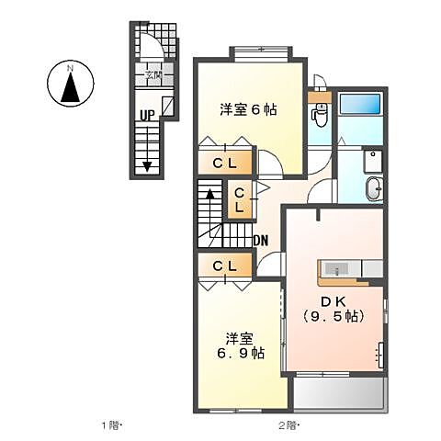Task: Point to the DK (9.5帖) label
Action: (x=334, y=309)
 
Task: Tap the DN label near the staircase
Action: (x=261, y=242)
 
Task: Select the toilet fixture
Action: (x=320, y=114)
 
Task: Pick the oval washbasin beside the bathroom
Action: (x=374, y=188)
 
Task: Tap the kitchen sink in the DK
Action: (x=337, y=268)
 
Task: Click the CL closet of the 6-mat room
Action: (x=226, y=163)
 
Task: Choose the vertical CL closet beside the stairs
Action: (x=239, y=201)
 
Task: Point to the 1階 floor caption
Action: (x=112, y=424)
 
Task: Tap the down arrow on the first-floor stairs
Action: (x=147, y=166)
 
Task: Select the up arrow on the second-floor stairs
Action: (x=209, y=194)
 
